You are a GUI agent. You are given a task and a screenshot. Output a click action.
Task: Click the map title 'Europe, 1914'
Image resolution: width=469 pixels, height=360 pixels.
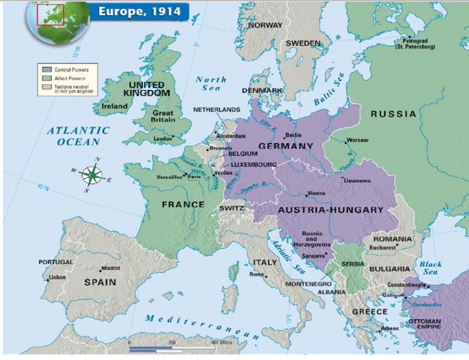[139, 11]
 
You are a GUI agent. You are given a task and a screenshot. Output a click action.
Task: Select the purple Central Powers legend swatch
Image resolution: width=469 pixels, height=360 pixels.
[42, 69]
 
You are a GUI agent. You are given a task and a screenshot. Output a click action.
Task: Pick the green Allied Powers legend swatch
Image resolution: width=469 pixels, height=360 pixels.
[42, 78]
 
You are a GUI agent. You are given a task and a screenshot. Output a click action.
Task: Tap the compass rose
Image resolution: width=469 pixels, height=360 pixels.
[92, 174]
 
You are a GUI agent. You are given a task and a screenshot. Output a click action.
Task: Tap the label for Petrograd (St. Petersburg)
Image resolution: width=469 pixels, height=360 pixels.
[415, 43]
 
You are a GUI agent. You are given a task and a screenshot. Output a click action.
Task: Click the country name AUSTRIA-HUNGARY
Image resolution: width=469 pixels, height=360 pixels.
[330, 210]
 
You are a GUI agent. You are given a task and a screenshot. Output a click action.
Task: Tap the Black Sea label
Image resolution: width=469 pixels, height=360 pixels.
[431, 268]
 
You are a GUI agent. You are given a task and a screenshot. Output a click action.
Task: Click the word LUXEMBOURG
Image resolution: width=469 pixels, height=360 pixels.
[254, 164]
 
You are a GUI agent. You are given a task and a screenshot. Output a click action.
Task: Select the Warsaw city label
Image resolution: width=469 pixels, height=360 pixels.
[357, 140]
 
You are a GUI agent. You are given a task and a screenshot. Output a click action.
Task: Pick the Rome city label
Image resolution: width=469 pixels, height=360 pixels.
[257, 274]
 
